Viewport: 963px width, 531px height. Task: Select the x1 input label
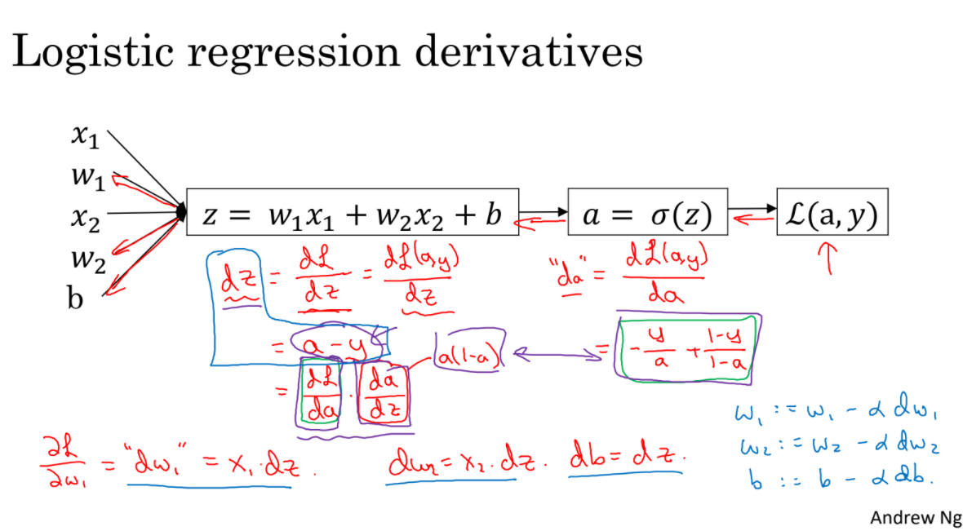pos(84,138)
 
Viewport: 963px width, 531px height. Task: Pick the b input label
pos(75,298)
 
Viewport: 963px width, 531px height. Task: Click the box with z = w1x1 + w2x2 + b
pos(353,215)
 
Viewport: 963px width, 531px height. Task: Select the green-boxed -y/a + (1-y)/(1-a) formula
pos(687,352)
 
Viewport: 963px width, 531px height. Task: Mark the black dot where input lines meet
pos(181,214)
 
